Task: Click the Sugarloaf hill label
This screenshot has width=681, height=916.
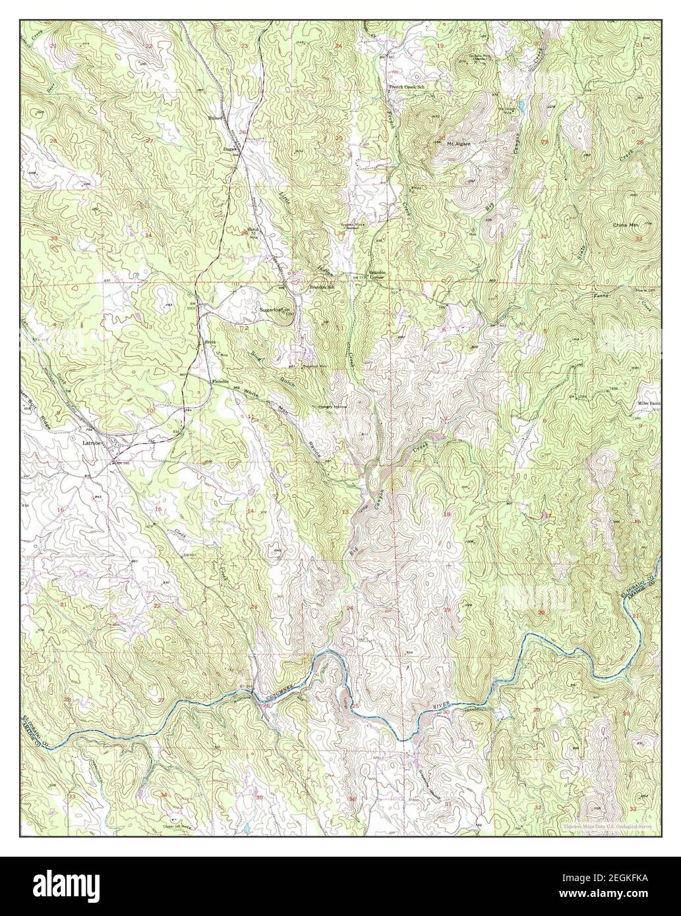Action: [x=274, y=308]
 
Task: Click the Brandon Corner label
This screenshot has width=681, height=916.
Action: [x=377, y=275]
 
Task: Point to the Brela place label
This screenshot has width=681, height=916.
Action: [x=210, y=343]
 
